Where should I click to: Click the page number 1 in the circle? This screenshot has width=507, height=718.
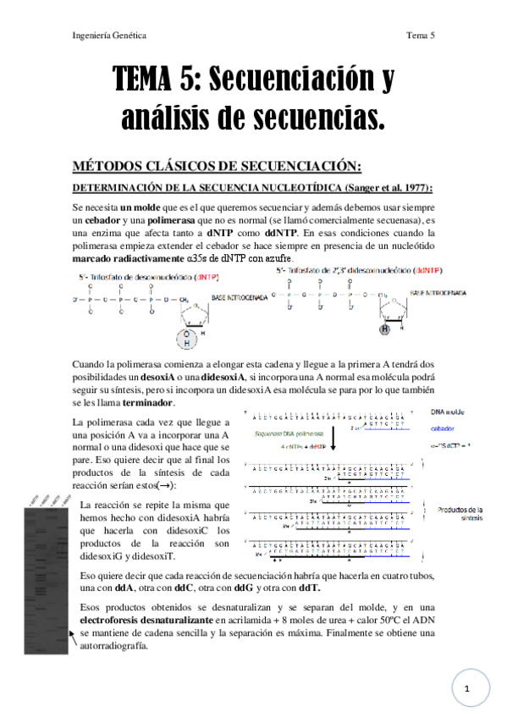(x=466, y=690)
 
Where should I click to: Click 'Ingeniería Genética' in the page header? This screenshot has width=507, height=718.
(x=110, y=36)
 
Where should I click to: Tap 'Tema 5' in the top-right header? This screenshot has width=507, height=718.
(x=421, y=36)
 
